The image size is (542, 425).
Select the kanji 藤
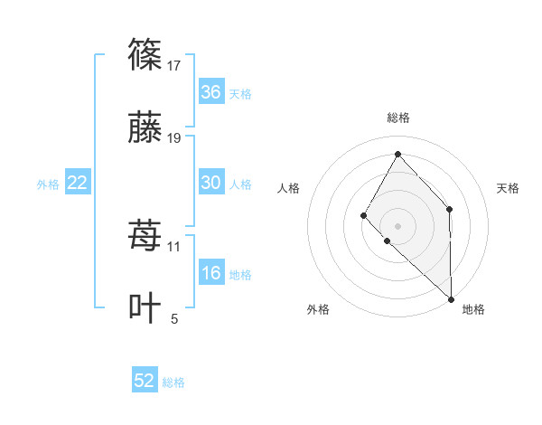(x=145, y=127)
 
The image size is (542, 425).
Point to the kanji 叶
(x=145, y=307)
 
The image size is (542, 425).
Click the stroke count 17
(x=174, y=65)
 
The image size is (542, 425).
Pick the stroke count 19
(x=174, y=138)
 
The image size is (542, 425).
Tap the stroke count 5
(x=174, y=318)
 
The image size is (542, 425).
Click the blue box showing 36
(x=210, y=92)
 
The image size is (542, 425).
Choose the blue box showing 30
(x=210, y=183)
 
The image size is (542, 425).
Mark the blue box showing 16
(x=210, y=273)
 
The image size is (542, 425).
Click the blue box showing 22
(x=78, y=183)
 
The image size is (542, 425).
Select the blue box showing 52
(x=145, y=381)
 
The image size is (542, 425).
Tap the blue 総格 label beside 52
(x=173, y=382)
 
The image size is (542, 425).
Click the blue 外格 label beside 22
(x=48, y=184)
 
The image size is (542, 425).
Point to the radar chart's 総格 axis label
(x=397, y=118)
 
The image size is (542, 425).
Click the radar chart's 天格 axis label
(x=508, y=188)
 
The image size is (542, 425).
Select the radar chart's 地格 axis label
(x=473, y=309)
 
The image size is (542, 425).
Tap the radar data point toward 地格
(x=451, y=298)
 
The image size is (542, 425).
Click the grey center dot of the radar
(x=397, y=224)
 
